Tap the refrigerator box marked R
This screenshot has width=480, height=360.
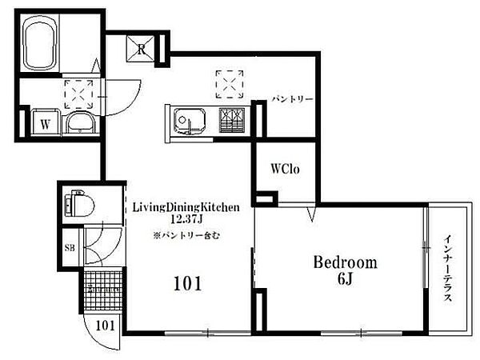(141, 49)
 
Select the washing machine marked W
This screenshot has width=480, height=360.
(46, 122)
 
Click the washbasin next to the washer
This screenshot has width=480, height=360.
(81, 122)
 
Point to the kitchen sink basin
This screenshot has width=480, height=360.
(190, 121)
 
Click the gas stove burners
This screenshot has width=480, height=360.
(232, 120)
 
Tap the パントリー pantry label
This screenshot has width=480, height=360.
(293, 99)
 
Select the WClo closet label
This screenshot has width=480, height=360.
(285, 169)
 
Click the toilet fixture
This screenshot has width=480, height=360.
(79, 203)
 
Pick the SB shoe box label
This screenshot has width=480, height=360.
(70, 247)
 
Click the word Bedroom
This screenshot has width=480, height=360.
(346, 263)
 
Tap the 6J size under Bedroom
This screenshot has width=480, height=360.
(346, 278)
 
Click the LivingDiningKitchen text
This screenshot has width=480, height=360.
(186, 207)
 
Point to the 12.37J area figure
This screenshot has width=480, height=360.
(186, 219)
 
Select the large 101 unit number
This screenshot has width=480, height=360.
(188, 283)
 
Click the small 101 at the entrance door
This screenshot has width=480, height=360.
(105, 326)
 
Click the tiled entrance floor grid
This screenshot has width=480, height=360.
(103, 290)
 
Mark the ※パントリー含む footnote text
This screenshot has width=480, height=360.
(186, 236)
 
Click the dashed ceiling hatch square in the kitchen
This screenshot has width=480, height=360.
(230, 85)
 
